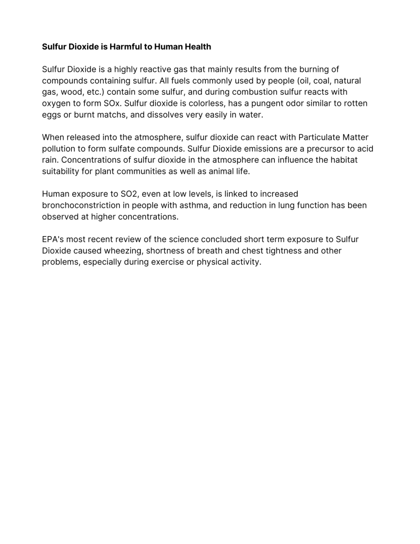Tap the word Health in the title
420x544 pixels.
tap(197, 47)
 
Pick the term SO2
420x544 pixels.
tap(126, 194)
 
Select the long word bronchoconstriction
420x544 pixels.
tap(83, 205)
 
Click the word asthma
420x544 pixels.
tap(203, 205)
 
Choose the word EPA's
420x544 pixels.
tap(54, 239)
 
